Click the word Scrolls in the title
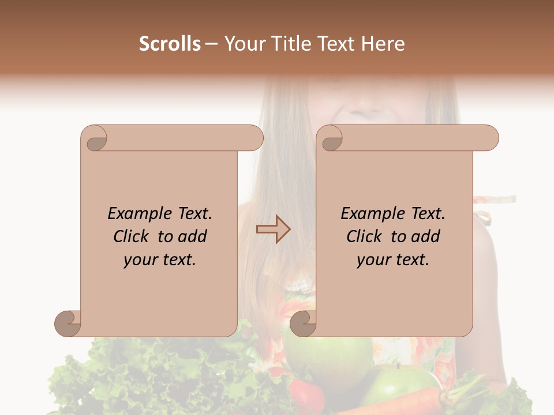point(170,44)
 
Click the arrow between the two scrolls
point(273,229)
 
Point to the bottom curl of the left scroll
point(68,323)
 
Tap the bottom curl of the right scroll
point(302,323)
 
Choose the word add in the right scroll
point(426,237)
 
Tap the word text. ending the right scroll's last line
point(411,260)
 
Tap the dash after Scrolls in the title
point(211,44)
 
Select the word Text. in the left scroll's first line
point(193,214)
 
